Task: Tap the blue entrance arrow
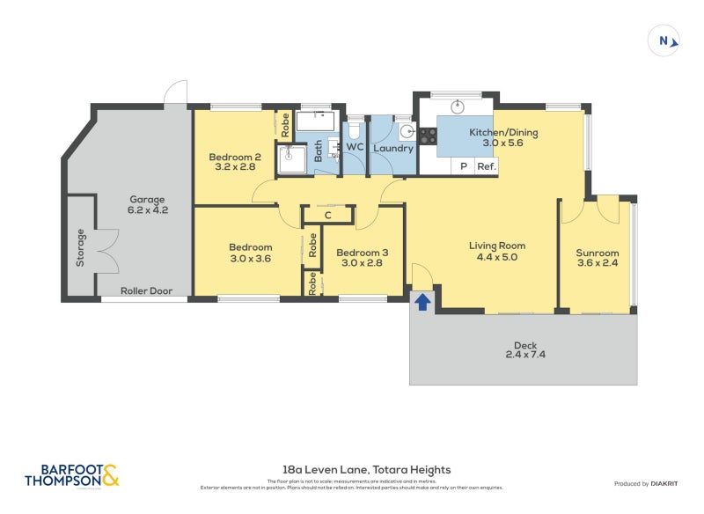[x=422, y=302]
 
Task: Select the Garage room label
[x=147, y=205]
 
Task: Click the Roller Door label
[x=146, y=290]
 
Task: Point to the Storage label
[x=80, y=248]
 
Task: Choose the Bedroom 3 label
[x=362, y=258]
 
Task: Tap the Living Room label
[x=496, y=251]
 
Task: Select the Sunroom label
[x=598, y=256]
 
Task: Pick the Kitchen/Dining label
[x=502, y=138]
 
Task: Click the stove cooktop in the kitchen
[x=428, y=136]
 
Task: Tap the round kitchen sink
[x=458, y=106]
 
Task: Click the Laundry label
[x=392, y=148]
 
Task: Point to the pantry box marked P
[x=462, y=166]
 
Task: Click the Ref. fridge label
[x=487, y=166]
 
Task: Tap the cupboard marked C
[x=327, y=215]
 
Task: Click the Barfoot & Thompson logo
[x=71, y=475]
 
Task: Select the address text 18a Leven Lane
[x=351, y=470]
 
